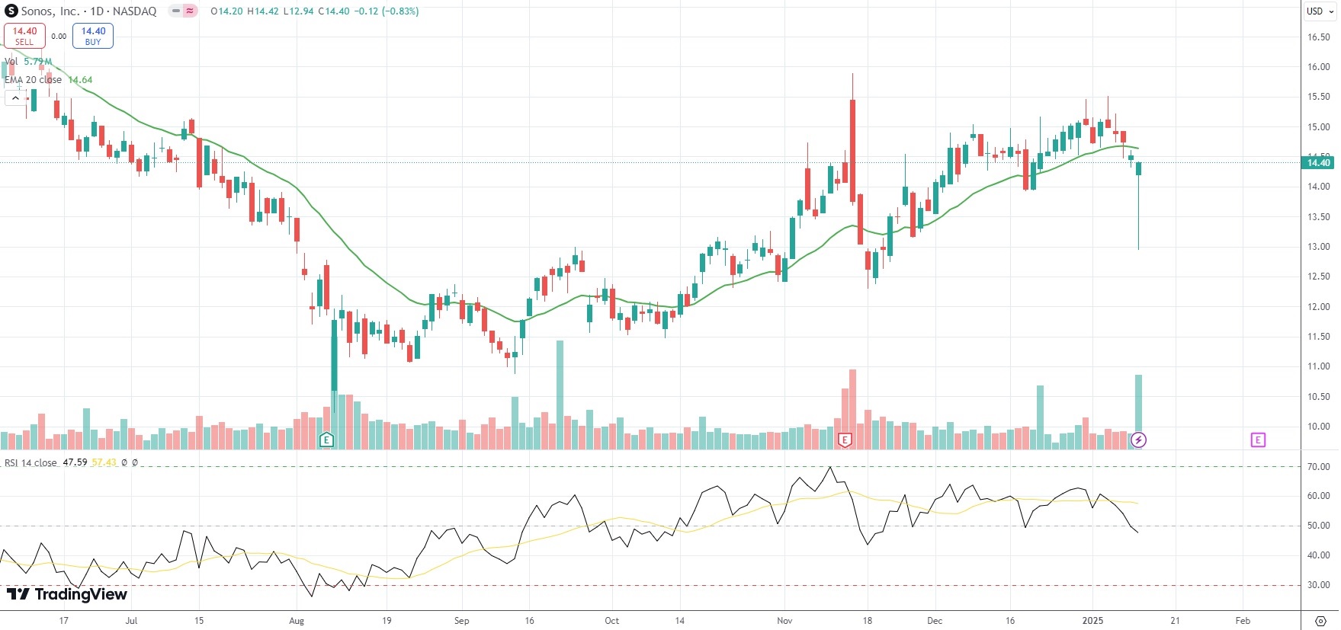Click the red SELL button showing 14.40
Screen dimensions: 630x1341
pyautogui.click(x=24, y=36)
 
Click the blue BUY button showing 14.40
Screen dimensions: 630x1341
pyautogui.click(x=93, y=36)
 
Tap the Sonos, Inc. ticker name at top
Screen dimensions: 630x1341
pyautogui.click(x=50, y=11)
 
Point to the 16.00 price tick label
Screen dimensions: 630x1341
pyautogui.click(x=1318, y=67)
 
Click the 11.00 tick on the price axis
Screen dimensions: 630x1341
pyautogui.click(x=1318, y=366)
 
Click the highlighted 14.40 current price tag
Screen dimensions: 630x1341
pyautogui.click(x=1318, y=162)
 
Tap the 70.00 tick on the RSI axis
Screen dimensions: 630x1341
pyautogui.click(x=1318, y=467)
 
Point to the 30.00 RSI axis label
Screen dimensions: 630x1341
pyautogui.click(x=1318, y=585)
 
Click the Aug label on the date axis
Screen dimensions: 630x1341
pyautogui.click(x=297, y=621)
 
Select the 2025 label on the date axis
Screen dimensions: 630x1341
pyautogui.click(x=1092, y=621)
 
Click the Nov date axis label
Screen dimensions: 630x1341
pyautogui.click(x=784, y=621)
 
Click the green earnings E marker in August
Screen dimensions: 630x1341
pyautogui.click(x=326, y=440)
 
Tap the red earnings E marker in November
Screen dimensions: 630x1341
pyautogui.click(x=845, y=440)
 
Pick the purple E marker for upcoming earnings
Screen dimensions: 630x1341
pyautogui.click(x=1258, y=440)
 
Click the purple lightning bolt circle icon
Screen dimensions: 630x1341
pyautogui.click(x=1138, y=440)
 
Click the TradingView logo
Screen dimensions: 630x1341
pyautogui.click(x=67, y=594)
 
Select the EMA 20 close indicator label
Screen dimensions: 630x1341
pyautogui.click(x=34, y=80)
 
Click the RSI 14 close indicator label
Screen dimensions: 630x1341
pyautogui.click(x=30, y=463)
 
